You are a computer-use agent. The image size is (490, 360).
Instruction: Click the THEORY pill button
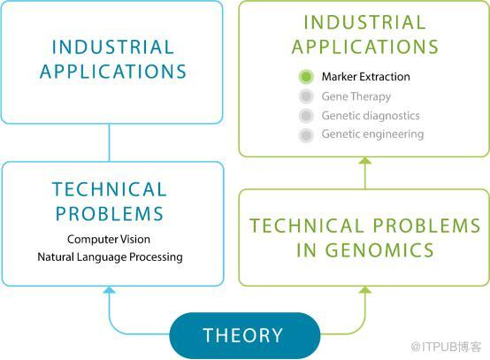click(x=245, y=335)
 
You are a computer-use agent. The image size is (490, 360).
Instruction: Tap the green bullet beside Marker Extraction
click(x=306, y=77)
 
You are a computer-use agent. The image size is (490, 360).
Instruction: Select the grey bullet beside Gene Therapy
click(x=306, y=96)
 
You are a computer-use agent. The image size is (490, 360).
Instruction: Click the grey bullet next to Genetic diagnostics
click(x=306, y=116)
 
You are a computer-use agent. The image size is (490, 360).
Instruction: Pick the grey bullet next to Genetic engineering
click(x=306, y=135)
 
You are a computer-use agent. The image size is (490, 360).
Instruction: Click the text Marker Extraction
click(x=365, y=77)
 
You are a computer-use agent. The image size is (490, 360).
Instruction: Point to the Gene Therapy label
click(x=356, y=96)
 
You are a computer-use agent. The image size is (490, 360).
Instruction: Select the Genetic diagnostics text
click(x=371, y=116)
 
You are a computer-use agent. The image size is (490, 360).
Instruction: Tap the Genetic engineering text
click(x=372, y=134)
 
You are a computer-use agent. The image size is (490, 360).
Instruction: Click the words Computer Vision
click(x=109, y=240)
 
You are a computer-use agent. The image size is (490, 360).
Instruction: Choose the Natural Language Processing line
click(x=110, y=257)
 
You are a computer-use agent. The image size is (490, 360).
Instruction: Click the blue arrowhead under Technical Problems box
click(x=109, y=290)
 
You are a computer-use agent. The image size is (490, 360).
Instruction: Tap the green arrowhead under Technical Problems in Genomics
click(x=365, y=290)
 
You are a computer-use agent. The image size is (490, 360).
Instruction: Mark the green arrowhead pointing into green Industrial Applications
click(x=365, y=161)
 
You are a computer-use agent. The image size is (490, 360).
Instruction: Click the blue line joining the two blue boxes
click(x=109, y=142)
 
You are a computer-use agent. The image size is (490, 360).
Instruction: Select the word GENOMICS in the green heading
click(x=379, y=250)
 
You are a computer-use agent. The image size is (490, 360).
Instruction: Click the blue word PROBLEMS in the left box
click(x=110, y=214)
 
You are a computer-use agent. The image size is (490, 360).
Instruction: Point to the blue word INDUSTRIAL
click(x=113, y=47)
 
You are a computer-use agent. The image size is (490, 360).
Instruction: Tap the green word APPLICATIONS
click(x=365, y=47)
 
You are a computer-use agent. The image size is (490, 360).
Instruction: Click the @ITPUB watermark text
click(x=447, y=347)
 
